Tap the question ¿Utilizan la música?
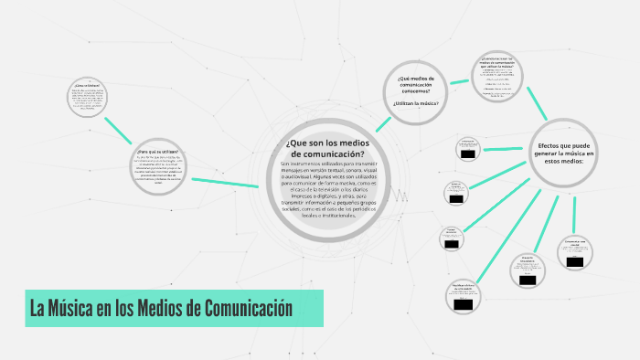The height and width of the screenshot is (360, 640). coord(416,103)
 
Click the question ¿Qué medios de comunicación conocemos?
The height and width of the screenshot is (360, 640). coord(416,84)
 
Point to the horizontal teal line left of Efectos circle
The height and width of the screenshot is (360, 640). coord(508,147)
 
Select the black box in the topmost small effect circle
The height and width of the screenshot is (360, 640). coord(468,154)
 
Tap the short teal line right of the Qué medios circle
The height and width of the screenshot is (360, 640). coord(463,80)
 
